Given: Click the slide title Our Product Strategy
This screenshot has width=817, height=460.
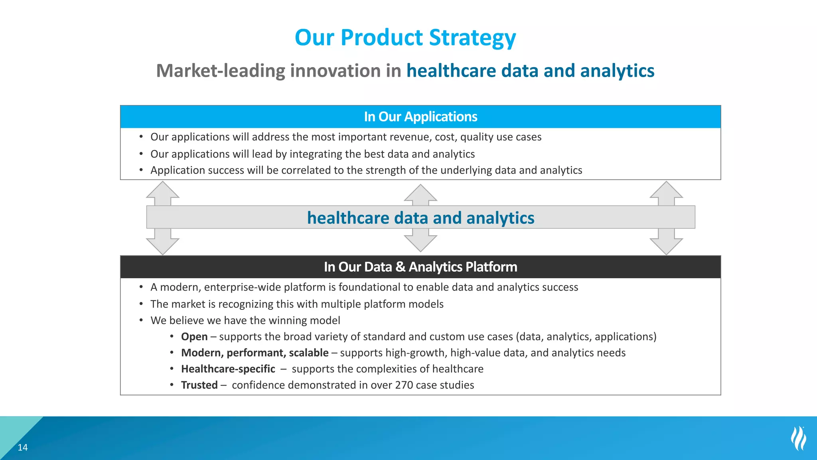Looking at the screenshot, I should pyautogui.click(x=405, y=38).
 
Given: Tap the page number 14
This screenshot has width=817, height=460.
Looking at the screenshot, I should pyautogui.click(x=23, y=448).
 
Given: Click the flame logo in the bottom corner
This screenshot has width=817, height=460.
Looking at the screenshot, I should pyautogui.click(x=799, y=438).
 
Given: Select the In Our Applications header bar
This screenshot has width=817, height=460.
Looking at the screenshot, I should pyautogui.click(x=420, y=117).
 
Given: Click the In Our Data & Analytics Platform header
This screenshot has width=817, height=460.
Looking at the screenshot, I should pyautogui.click(x=420, y=267).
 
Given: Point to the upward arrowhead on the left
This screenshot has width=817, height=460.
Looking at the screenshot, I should pyautogui.click(x=162, y=191).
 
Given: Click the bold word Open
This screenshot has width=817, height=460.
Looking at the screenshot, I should pyautogui.click(x=194, y=337).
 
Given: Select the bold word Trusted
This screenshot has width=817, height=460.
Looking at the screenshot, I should pyautogui.click(x=199, y=385).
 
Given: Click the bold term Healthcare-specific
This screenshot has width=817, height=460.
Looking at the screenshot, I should pyautogui.click(x=228, y=369).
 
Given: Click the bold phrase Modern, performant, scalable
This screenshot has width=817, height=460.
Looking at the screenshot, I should pyautogui.click(x=255, y=353).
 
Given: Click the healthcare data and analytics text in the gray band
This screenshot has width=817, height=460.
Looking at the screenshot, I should pyautogui.click(x=420, y=218).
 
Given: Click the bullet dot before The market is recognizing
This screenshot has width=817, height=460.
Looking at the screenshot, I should pyautogui.click(x=141, y=304).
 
